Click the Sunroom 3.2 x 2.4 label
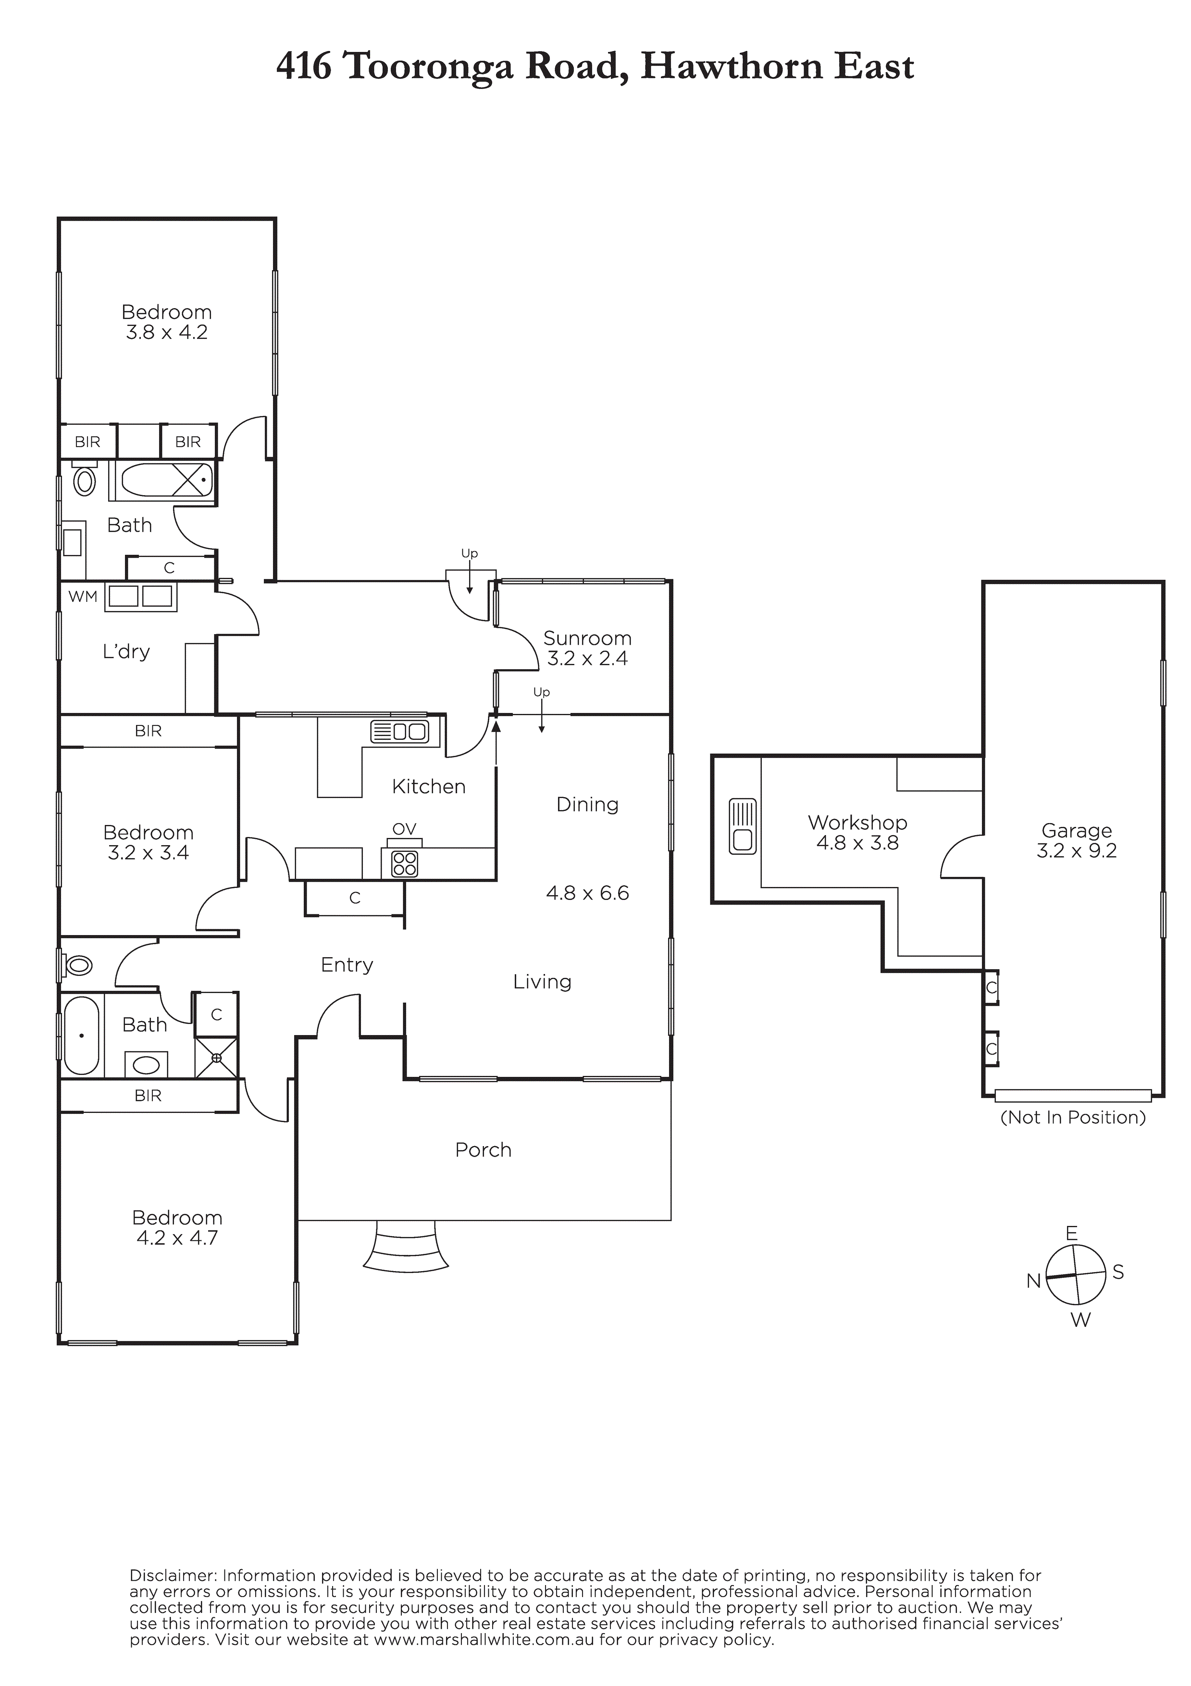click(587, 649)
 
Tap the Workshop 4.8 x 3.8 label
click(857, 833)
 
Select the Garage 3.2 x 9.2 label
click(1077, 841)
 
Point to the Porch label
click(483, 1150)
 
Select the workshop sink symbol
click(743, 826)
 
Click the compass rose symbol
click(1075, 1275)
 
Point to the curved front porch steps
click(405, 1246)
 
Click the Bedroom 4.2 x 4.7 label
click(177, 1228)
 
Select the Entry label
click(347, 965)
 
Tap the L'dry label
click(126, 651)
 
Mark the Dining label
click(587, 805)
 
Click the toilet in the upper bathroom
click(85, 479)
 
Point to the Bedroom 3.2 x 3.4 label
click(149, 842)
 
